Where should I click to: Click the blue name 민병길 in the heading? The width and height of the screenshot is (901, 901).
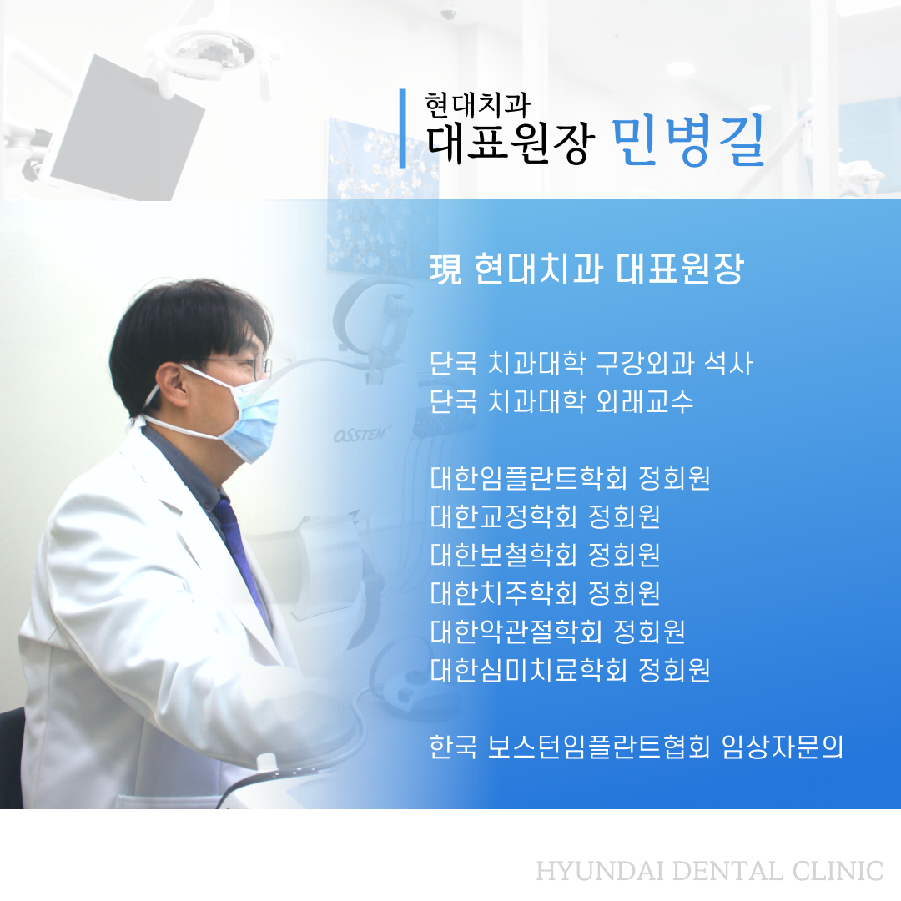pyautogui.click(x=687, y=140)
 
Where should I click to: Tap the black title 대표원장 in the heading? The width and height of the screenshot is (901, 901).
pyautogui.click(x=508, y=143)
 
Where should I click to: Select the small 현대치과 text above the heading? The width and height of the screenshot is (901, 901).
pyautogui.click(x=477, y=105)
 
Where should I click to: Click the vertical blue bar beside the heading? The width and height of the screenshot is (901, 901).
pyautogui.click(x=403, y=128)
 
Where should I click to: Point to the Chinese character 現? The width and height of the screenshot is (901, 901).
pyautogui.click(x=445, y=269)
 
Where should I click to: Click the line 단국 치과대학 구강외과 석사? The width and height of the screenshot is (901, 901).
pyautogui.click(x=591, y=363)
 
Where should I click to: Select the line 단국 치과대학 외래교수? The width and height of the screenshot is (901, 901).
pyautogui.click(x=562, y=401)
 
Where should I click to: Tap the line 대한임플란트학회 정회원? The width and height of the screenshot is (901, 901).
pyautogui.click(x=570, y=478)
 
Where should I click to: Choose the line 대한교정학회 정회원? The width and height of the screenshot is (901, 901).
pyautogui.click(x=546, y=516)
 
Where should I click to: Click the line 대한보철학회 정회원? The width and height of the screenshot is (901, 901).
pyautogui.click(x=546, y=555)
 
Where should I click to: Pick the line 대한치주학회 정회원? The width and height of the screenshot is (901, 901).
pyautogui.click(x=546, y=593)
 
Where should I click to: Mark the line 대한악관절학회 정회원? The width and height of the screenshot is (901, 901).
pyautogui.click(x=558, y=631)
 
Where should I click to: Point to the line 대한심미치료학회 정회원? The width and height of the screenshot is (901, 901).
pyautogui.click(x=570, y=669)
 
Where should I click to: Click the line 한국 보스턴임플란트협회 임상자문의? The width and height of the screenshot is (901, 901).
pyautogui.click(x=637, y=747)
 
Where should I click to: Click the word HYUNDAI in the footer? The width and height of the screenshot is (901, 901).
pyautogui.click(x=601, y=871)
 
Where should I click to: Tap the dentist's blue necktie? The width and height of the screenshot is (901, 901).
pyautogui.click(x=240, y=557)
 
